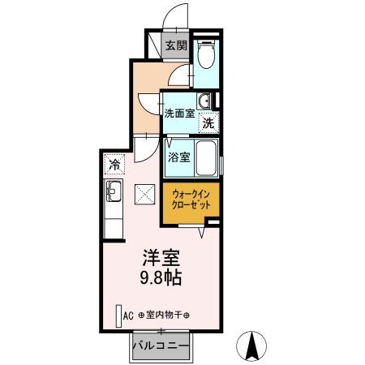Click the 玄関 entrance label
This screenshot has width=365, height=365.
[176, 45]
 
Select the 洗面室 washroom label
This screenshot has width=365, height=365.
[178, 114]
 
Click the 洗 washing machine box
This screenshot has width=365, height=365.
[208, 123]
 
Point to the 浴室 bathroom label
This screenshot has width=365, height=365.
[179, 157]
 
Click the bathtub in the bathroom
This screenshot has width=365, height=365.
[208, 157]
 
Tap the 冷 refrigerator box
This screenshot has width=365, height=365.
[114, 165]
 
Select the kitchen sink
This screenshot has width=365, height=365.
[114, 193]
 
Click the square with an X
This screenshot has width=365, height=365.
[144, 194]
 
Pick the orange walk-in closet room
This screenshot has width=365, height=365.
[191, 201]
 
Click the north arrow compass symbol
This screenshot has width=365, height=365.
[252, 347]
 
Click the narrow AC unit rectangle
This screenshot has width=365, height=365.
[118, 315]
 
